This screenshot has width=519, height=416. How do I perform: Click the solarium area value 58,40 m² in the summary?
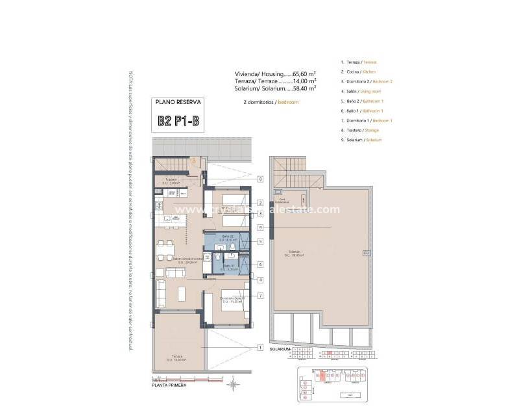click(303, 88)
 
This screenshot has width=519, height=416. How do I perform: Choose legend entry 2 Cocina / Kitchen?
click(357, 71)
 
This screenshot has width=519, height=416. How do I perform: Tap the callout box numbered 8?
click(259, 179)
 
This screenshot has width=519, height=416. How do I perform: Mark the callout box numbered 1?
click(259, 347)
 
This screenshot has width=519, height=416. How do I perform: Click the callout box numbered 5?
click(259, 242)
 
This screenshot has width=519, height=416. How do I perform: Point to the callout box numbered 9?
click(259, 227)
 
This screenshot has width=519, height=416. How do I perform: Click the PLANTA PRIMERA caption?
click(169, 385)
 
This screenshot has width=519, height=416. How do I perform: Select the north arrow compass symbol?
click(233, 385)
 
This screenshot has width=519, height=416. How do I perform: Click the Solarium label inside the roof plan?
click(295, 253)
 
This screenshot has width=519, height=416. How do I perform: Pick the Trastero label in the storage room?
click(171, 181)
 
